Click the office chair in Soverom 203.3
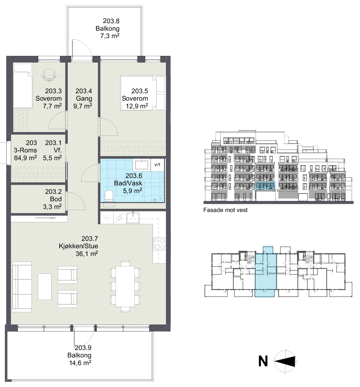(x=49, y=75)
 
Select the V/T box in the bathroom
(x=157, y=165)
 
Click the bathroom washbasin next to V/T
(x=141, y=165)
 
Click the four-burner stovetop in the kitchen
(x=159, y=243)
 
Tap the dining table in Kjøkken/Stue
(x=125, y=286)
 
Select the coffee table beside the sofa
(x=45, y=286)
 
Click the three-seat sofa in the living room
(x=22, y=287)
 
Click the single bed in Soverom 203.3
(x=23, y=85)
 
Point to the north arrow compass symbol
(x=286, y=361)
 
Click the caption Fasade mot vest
(x=225, y=210)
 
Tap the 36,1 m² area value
(x=86, y=253)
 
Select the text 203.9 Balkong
(x=80, y=351)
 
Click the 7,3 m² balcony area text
(x=110, y=36)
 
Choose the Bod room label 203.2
(x=53, y=192)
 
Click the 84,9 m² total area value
(x=26, y=158)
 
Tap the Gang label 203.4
(x=84, y=91)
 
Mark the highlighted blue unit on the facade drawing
(x=265, y=186)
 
